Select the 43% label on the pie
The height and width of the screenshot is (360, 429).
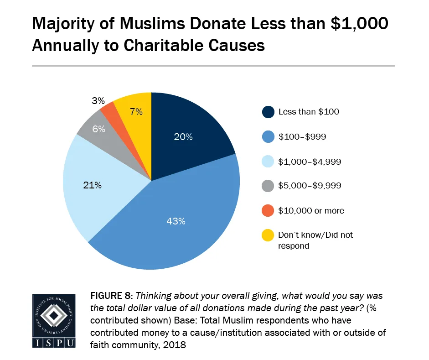click(x=176, y=221)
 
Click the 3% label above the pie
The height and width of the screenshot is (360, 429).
click(x=98, y=100)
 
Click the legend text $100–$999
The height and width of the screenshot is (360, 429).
click(x=302, y=136)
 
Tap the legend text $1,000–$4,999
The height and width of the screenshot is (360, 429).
click(x=309, y=161)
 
